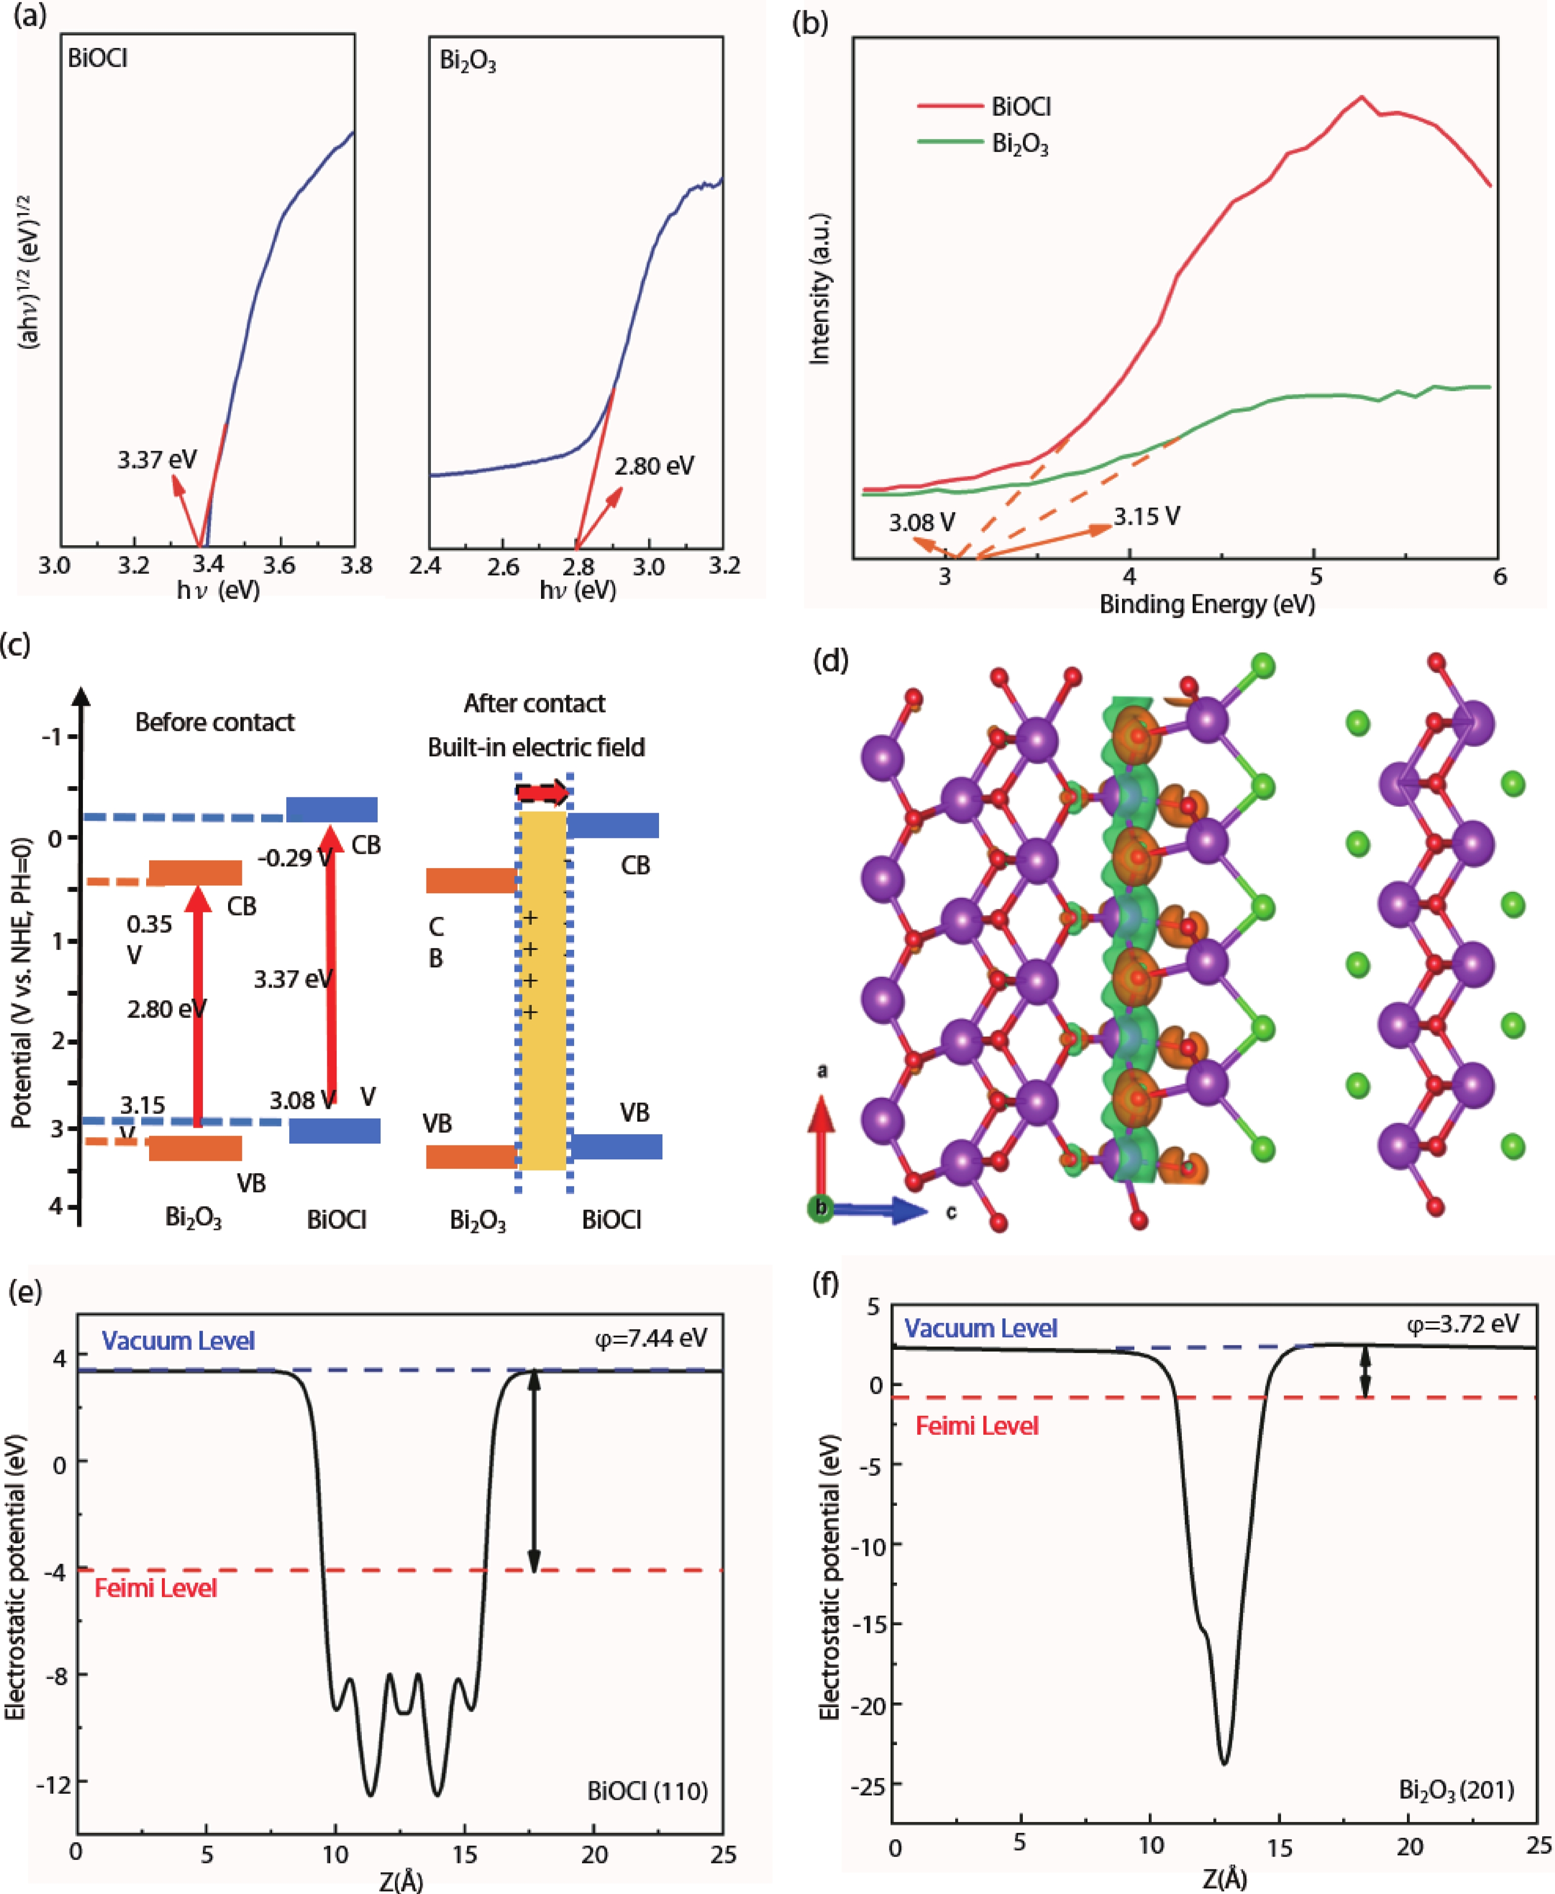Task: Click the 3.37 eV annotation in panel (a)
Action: (x=157, y=460)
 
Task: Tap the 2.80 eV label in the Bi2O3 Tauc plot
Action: (x=654, y=466)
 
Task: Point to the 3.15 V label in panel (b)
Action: (x=1147, y=517)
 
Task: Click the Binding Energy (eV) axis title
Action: (x=1206, y=605)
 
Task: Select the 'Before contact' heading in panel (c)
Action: (x=214, y=722)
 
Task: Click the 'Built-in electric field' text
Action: (x=536, y=747)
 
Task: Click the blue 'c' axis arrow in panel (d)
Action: (x=887, y=1211)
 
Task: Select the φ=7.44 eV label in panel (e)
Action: (x=651, y=1339)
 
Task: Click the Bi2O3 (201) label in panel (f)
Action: (x=1456, y=1790)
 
